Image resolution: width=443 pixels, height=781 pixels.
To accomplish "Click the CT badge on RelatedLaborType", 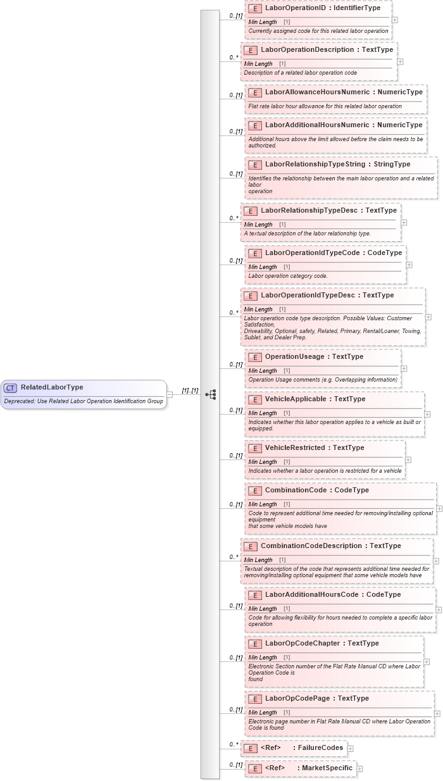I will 10,388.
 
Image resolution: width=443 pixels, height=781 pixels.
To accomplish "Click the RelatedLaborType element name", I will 52,387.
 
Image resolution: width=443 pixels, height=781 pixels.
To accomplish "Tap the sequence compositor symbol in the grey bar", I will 211,394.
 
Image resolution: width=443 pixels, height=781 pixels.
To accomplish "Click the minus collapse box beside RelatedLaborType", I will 170,394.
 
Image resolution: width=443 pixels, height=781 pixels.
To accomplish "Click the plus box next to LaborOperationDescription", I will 400,61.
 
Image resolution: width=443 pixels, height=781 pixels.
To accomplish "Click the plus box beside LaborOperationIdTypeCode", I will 409,265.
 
